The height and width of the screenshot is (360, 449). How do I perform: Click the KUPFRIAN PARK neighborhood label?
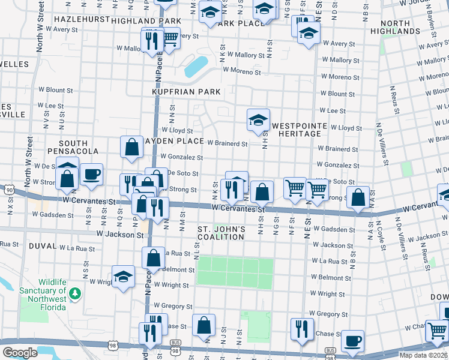(x=190, y=92)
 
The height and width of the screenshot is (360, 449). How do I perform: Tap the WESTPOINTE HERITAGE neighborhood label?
(x=299, y=130)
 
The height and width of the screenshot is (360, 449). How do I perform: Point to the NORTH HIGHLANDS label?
(x=390, y=27)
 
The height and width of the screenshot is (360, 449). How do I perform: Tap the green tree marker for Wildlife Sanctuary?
(x=74, y=293)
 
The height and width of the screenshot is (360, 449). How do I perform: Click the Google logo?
(x=20, y=352)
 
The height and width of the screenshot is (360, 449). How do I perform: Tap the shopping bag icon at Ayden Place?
(x=131, y=146)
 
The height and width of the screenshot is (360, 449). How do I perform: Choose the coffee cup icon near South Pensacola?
(x=91, y=175)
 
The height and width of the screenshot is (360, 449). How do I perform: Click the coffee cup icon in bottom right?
(x=352, y=340)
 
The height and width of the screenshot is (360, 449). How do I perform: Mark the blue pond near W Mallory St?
(x=196, y=67)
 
